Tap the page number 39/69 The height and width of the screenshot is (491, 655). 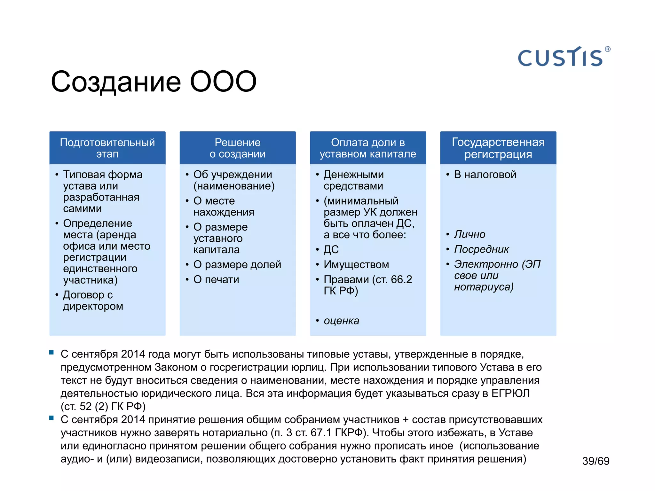tap(596, 461)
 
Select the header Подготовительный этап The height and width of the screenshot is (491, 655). tap(107, 148)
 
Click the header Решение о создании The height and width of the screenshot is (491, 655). tap(238, 148)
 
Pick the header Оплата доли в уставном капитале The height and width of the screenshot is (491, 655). tap(368, 148)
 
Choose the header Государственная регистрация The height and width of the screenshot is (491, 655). tap(498, 148)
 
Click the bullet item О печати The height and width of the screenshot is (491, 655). tap(216, 279)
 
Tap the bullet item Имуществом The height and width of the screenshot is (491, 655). tap(356, 264)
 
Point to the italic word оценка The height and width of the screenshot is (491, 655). tap(341, 321)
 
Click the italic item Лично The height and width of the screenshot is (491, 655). tap(470, 234)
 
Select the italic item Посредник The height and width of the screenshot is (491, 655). tap(481, 249)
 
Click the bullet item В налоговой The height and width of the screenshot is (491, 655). tap(485, 175)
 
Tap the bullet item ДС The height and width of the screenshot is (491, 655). tap(331, 249)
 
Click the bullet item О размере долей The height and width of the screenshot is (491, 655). tap(237, 264)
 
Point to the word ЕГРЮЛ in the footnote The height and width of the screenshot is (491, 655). tap(510, 393)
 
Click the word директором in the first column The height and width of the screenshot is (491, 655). tap(93, 306)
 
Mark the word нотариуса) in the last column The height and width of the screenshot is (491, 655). tap(484, 287)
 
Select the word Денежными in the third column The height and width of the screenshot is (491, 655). tap(353, 175)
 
